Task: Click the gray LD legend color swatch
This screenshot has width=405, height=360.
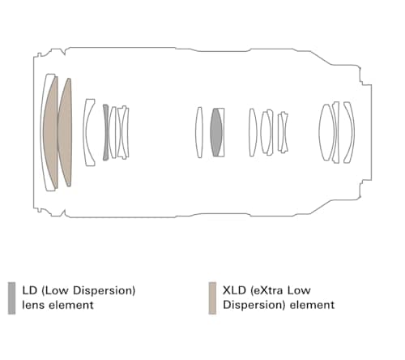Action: pos(11,298)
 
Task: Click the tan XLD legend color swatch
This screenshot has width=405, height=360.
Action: pos(212,298)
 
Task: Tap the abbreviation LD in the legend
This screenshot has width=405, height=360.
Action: pos(30,290)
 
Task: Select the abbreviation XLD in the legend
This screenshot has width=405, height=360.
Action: pos(234,290)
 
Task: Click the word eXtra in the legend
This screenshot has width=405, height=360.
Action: pos(266,290)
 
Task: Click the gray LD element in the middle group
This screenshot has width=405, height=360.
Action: pos(216,132)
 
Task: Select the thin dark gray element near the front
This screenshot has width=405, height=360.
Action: pos(105,132)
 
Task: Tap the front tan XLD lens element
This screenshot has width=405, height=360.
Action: pos(51,132)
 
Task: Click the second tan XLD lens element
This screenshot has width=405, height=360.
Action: pos(66,132)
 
